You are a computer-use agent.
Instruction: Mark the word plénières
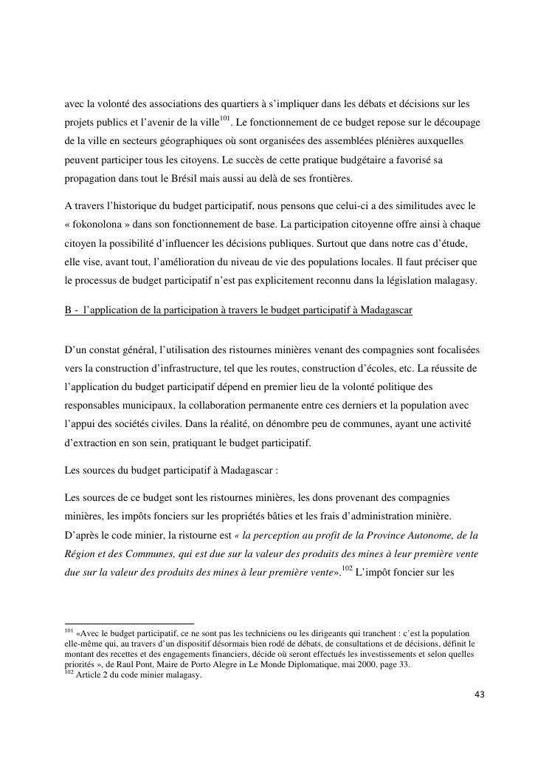pyautogui.click(x=401, y=140)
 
